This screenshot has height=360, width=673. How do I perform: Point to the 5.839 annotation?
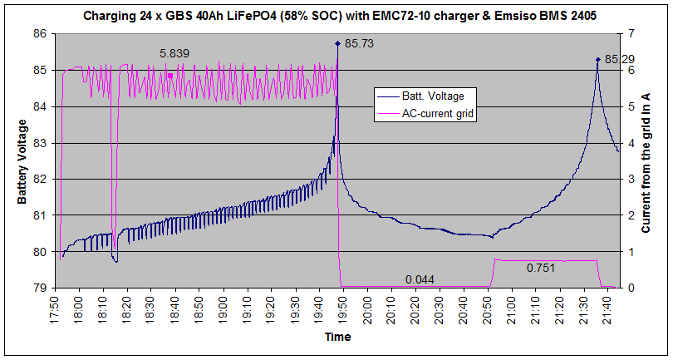174,53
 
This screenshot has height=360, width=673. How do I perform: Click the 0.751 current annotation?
541,268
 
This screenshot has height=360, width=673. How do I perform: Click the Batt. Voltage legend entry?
447,96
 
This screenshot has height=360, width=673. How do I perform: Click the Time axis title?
337,338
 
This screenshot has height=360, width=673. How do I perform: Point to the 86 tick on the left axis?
39,34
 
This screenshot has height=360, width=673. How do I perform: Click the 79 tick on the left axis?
39,288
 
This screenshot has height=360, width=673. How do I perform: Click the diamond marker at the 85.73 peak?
337,43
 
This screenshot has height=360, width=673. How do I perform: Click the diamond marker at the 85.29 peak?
597,59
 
